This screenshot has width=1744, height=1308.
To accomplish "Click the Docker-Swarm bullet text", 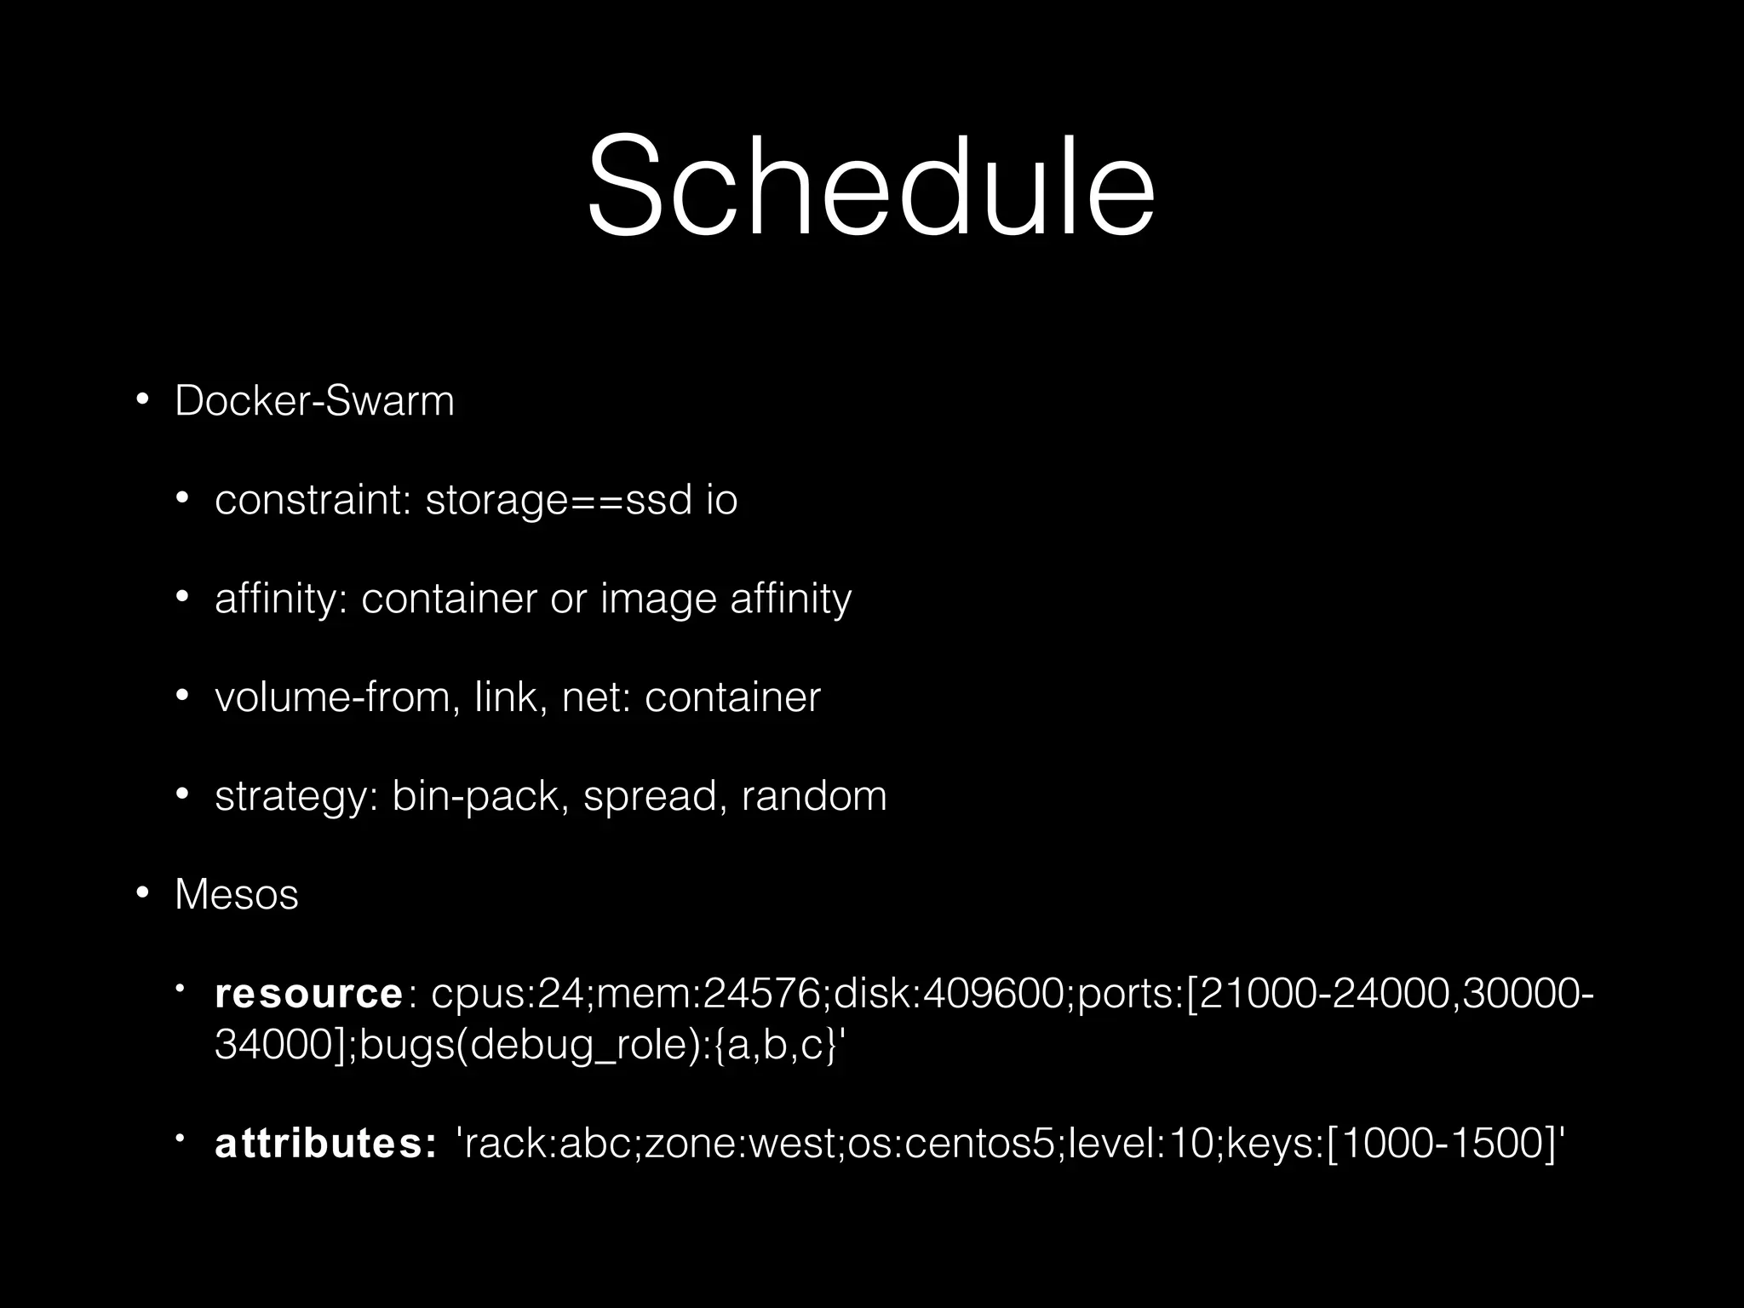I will coord(314,401).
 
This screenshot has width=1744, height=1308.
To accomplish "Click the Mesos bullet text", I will coord(237,895).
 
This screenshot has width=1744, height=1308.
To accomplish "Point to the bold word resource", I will coord(308,994).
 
